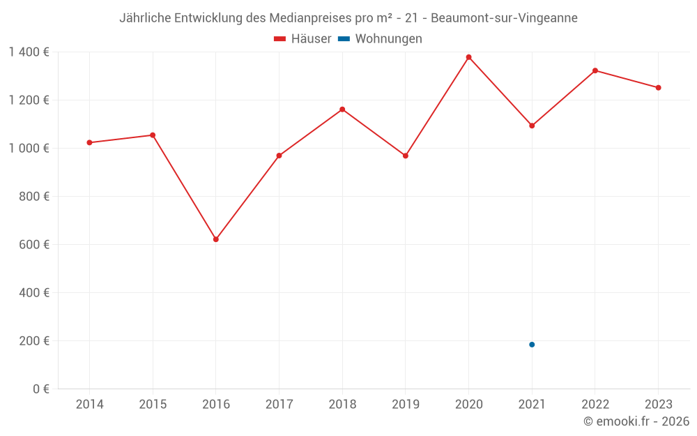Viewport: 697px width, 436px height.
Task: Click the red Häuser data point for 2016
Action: coord(216,239)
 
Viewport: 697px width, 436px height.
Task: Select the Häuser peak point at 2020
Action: coord(468,57)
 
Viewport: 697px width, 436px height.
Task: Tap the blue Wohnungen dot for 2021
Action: coord(532,345)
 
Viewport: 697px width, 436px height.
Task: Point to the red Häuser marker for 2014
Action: coord(89,142)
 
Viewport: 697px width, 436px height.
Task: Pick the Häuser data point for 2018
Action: coord(342,110)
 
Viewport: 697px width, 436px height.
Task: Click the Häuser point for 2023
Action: coord(658,88)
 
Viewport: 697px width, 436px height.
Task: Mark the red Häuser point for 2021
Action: coord(532,126)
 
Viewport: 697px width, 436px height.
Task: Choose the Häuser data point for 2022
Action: coord(595,70)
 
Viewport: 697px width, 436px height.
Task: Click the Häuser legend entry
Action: coord(302,39)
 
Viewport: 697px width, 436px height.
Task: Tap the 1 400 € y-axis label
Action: coord(29,52)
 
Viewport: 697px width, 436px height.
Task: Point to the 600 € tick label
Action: coord(34,245)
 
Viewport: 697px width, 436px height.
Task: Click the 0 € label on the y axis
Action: coord(41,389)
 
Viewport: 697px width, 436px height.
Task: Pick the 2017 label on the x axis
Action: coord(279,405)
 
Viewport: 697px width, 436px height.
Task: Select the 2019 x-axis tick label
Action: coord(405,405)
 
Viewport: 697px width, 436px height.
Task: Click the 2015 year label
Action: coord(153,405)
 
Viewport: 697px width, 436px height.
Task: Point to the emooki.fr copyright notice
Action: coord(636,421)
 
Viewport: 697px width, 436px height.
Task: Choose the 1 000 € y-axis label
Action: coord(29,149)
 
